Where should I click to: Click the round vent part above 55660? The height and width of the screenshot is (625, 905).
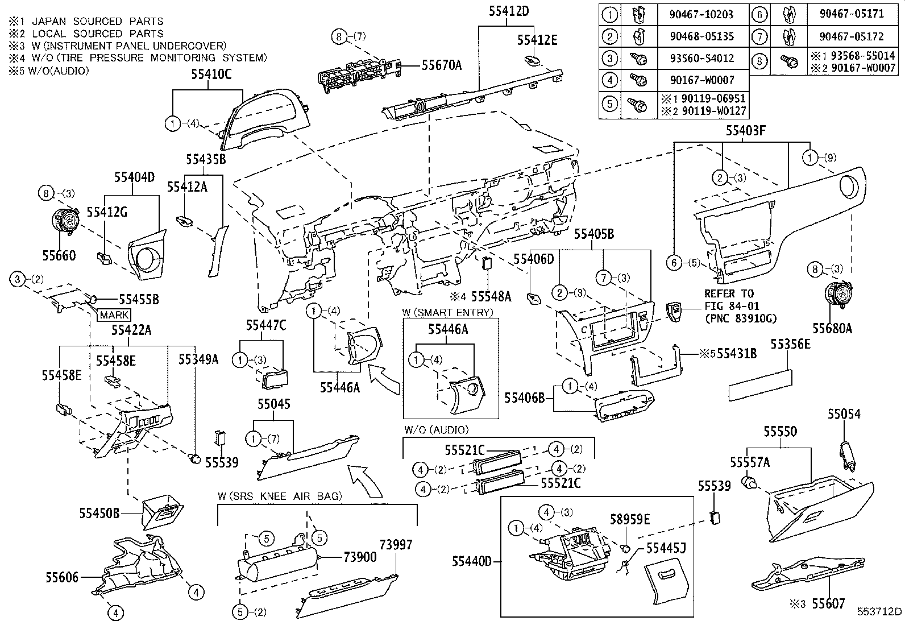pos(65,222)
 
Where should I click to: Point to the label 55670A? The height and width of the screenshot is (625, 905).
pos(441,65)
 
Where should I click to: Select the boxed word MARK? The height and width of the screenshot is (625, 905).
pos(114,314)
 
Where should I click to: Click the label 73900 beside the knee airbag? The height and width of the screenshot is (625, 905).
pos(360,557)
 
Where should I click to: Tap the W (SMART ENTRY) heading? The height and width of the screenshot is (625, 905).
pos(448,312)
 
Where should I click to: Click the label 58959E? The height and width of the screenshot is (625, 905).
pos(630,519)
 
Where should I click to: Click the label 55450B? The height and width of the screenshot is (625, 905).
pos(99,513)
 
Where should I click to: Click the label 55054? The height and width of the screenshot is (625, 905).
pos(844,414)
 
